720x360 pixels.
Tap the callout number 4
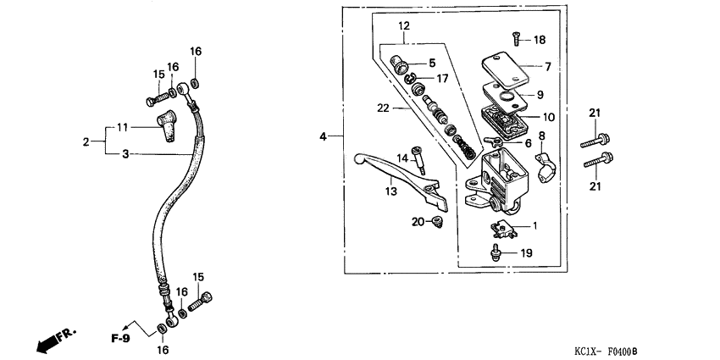coord(323,136)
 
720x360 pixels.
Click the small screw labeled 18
coord(514,37)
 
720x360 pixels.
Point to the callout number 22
coord(385,108)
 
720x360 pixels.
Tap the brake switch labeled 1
coord(504,227)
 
